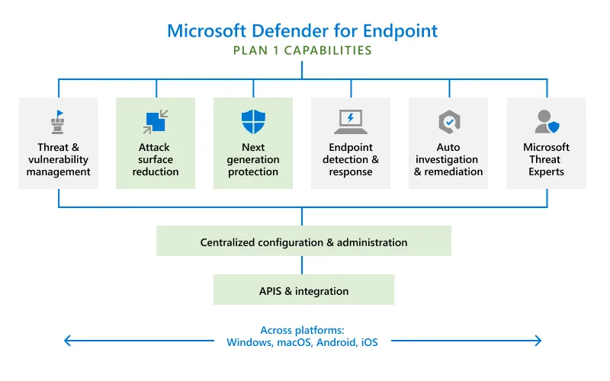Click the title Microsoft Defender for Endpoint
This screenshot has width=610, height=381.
pyautogui.click(x=303, y=30)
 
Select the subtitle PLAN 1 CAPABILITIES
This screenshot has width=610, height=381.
pyautogui.click(x=303, y=51)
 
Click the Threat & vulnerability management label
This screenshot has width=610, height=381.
pyautogui.click(x=58, y=160)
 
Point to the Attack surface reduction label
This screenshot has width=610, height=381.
pyautogui.click(x=155, y=160)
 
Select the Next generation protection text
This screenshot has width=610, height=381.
pyautogui.click(x=252, y=160)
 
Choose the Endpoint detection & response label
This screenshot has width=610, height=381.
pyautogui.click(x=350, y=160)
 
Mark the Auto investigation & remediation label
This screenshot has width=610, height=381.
pyautogui.click(x=448, y=160)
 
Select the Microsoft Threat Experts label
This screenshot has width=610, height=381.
pyautogui.click(x=546, y=160)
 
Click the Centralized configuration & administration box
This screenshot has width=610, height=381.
pyautogui.click(x=303, y=242)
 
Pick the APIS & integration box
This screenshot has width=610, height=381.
pyautogui.click(x=303, y=291)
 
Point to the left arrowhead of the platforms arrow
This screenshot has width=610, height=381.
pyautogui.click(x=67, y=341)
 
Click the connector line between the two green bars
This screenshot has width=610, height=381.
pyautogui.click(x=303, y=265)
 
